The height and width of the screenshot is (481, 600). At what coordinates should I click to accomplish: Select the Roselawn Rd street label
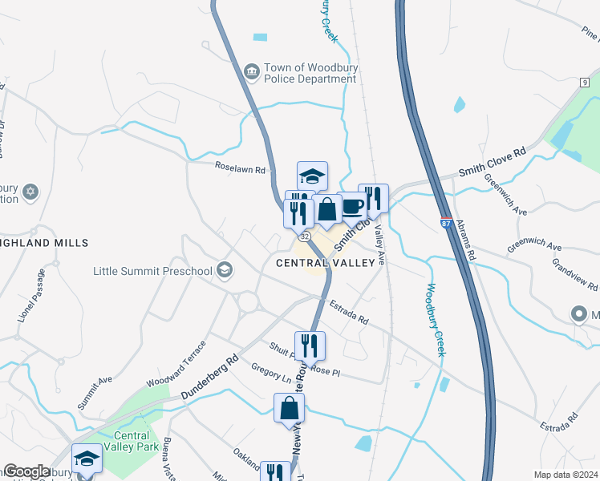(239, 169)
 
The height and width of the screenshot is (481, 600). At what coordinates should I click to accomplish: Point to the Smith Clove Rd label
(492, 161)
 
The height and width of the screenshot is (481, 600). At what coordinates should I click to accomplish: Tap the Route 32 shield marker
(304, 237)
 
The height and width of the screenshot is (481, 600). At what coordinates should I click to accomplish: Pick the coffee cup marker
(351, 207)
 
